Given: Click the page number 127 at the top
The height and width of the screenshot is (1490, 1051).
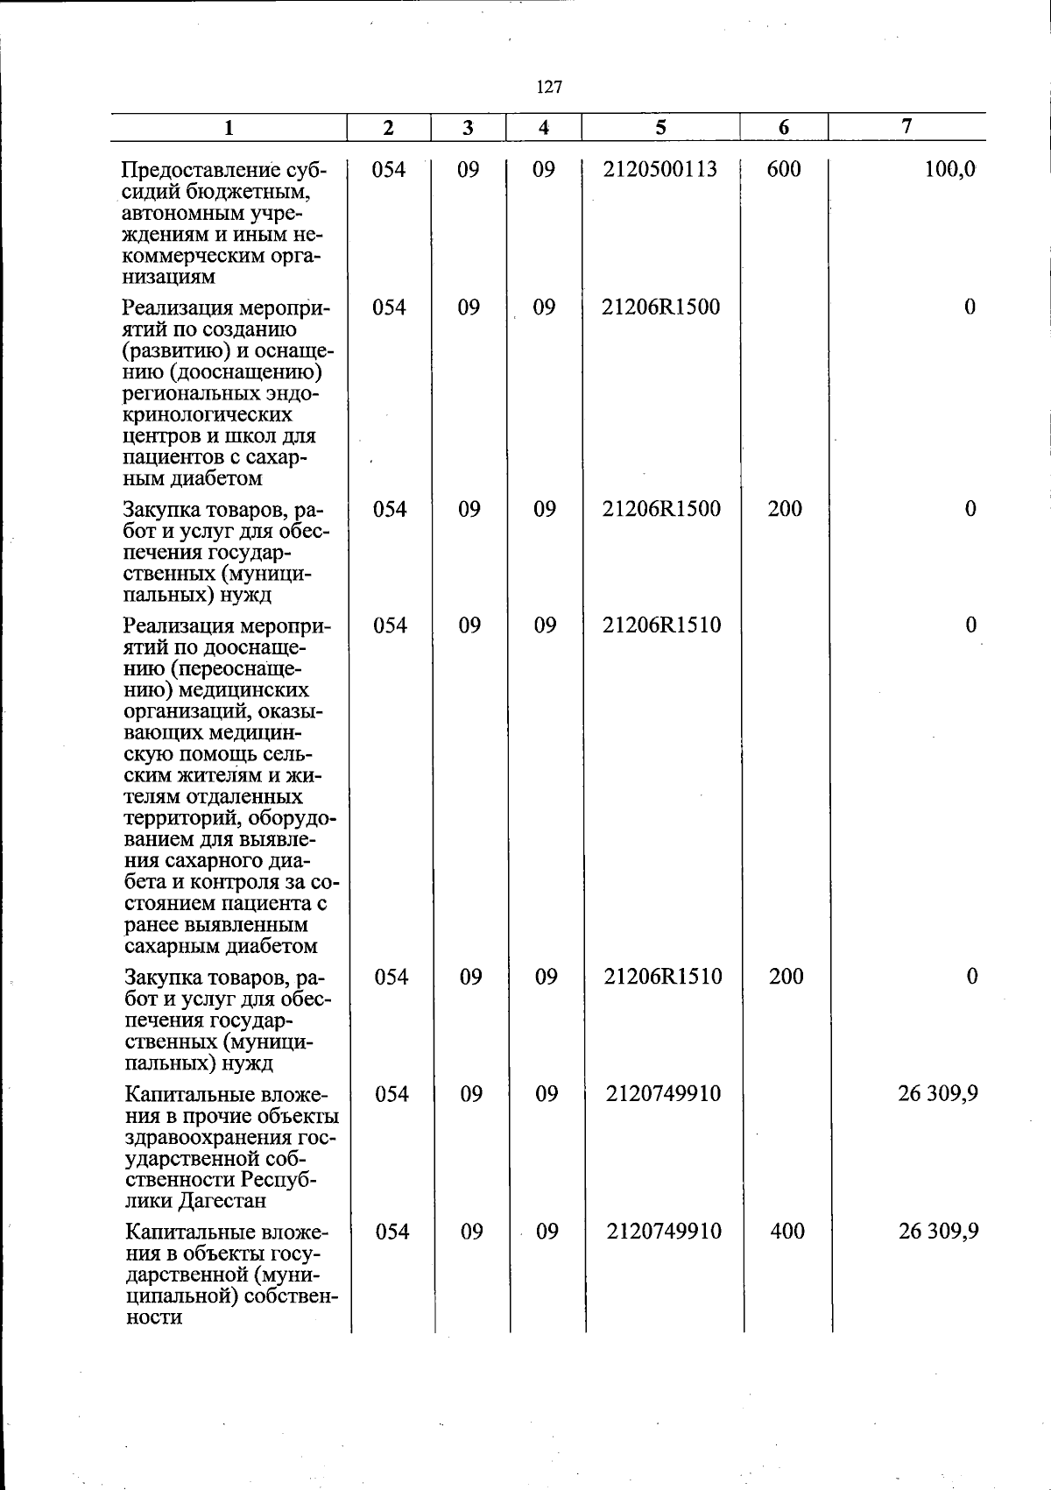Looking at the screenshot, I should (x=548, y=87).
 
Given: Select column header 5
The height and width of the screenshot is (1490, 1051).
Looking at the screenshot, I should (x=660, y=127).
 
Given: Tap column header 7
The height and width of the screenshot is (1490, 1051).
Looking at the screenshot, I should (x=907, y=126).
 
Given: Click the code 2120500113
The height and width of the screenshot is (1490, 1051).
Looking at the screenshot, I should (x=660, y=169).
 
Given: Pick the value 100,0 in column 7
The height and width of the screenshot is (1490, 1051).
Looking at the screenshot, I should (x=949, y=169).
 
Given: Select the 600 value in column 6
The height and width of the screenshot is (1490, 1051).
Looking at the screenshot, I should (x=784, y=169).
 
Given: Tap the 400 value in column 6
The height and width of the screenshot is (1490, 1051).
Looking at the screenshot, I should (x=787, y=1231).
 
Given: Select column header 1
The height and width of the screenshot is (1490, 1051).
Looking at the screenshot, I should (x=229, y=128).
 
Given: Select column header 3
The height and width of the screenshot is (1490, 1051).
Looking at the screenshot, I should (x=469, y=128).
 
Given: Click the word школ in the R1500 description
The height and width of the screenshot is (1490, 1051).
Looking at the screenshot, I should (x=230, y=435).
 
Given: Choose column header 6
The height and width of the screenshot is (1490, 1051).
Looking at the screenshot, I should (x=784, y=128).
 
